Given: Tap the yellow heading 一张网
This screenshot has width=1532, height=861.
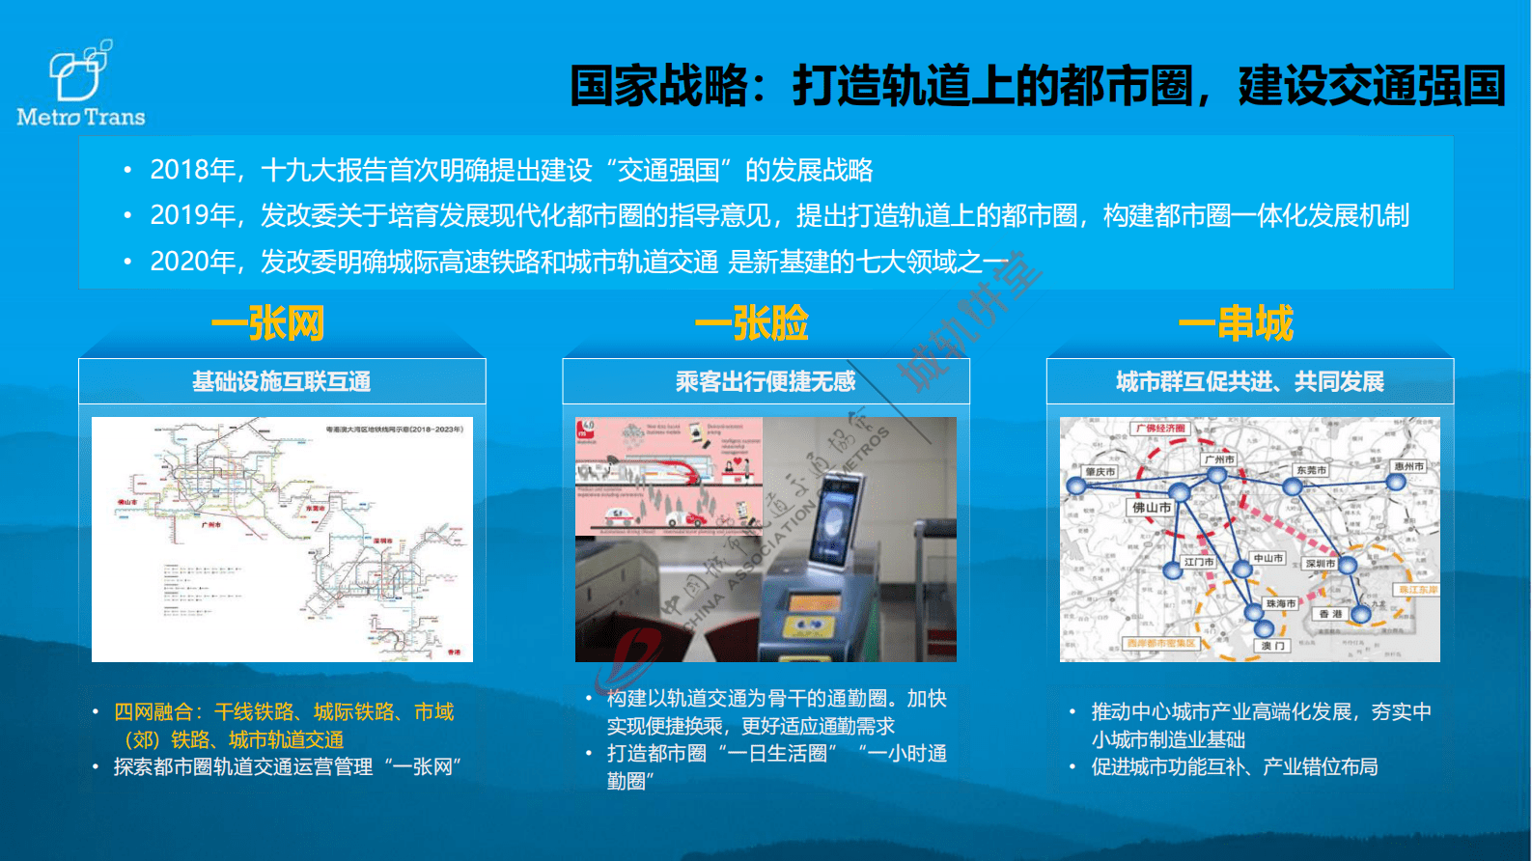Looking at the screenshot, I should coord(268,323).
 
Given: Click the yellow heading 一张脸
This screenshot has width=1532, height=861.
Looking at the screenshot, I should coord(752,323).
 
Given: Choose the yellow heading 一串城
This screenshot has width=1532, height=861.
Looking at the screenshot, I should coord(1236,323).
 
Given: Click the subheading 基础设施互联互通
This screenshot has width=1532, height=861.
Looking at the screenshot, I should coord(281,382).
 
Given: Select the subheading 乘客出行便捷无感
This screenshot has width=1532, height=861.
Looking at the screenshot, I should coord(766,382).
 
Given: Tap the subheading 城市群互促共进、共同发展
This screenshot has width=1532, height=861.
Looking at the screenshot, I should coord(1250,382).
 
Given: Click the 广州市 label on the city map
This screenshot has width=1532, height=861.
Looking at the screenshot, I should coord(1219,458).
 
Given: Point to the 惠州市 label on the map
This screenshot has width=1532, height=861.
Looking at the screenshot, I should coord(1408,465).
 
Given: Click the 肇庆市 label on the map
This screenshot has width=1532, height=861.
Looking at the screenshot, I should coord(1100,471).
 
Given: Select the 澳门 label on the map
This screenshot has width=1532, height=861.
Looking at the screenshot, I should coord(1272,646).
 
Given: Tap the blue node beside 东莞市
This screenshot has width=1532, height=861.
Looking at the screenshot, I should coord(1292,486).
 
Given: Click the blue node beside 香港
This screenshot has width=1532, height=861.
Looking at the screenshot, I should coord(1361,613).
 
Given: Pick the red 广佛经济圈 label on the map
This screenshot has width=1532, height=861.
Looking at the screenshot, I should coord(1159,428).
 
